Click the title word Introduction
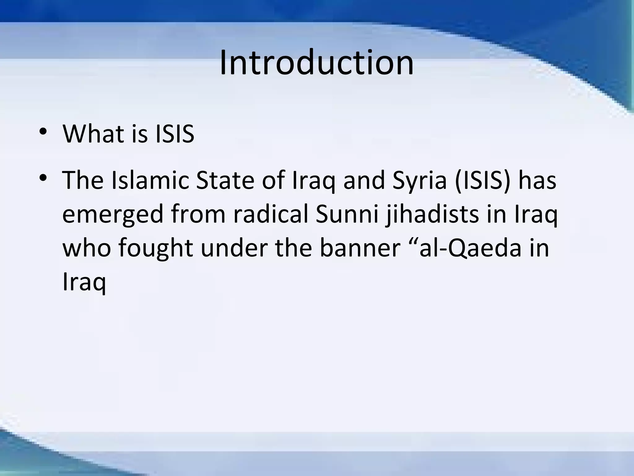coord(316,63)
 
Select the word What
coord(91,134)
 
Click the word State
coord(225,180)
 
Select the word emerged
coord(113,215)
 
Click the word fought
coord(155,249)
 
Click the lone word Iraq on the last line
coord(84,283)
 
